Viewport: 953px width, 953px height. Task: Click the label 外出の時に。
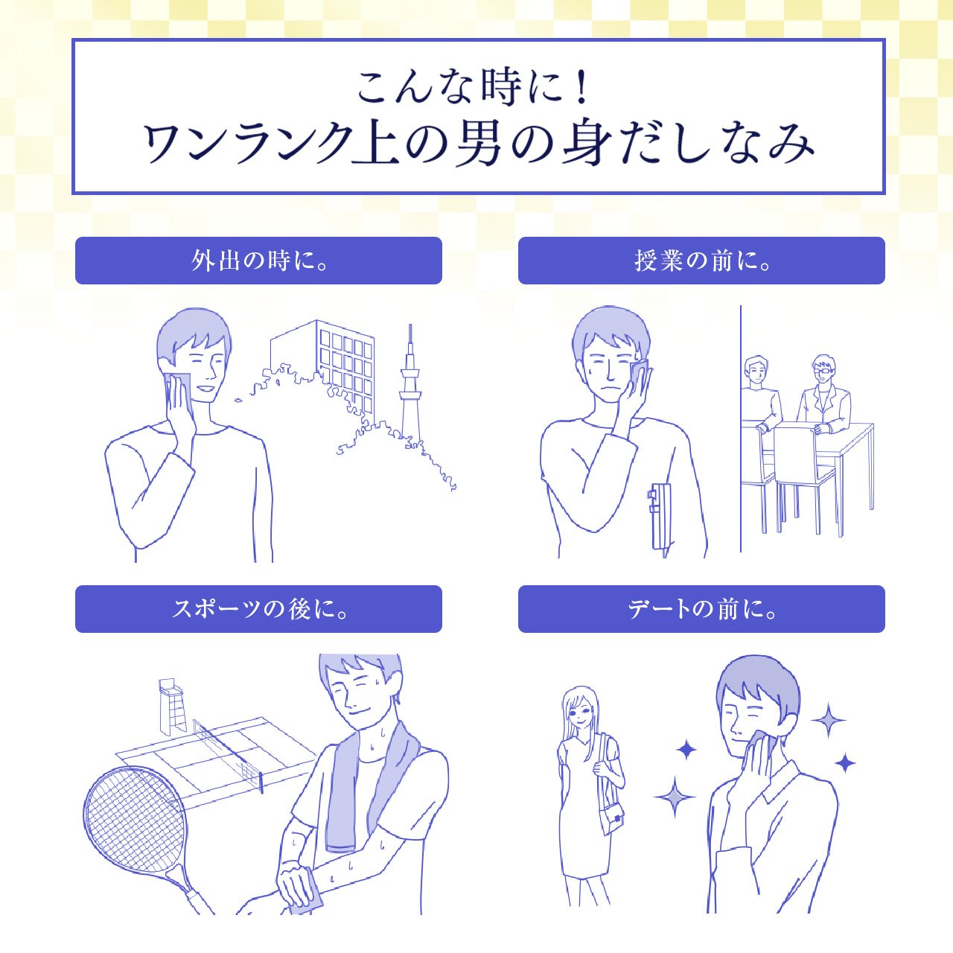tap(259, 261)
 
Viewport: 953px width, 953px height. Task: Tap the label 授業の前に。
tap(702, 261)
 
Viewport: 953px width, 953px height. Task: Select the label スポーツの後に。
tap(259, 609)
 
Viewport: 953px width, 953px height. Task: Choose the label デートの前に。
tap(702, 609)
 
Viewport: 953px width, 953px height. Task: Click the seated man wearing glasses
tap(823, 395)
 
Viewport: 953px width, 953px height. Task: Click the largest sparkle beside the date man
tap(674, 797)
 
